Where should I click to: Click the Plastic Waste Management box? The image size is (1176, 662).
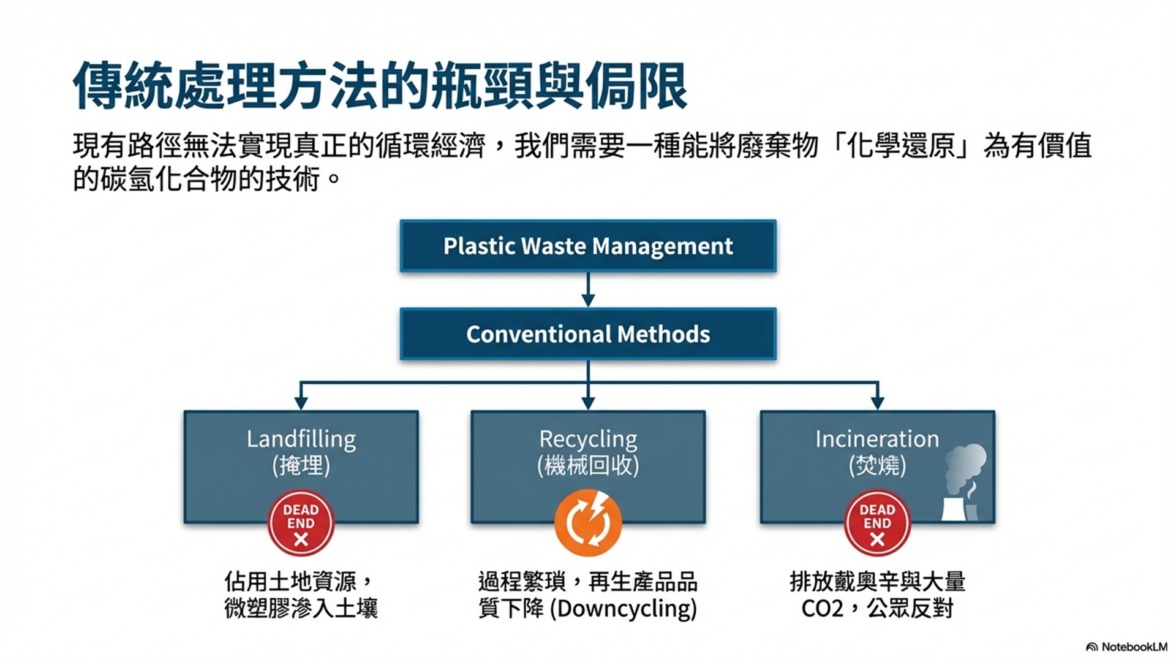point(588,246)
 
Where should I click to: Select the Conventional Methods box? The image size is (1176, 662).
point(588,334)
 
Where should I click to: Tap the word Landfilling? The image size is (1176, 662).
point(301,439)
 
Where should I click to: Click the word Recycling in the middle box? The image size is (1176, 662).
point(588,439)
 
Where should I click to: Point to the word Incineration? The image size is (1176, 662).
point(876,439)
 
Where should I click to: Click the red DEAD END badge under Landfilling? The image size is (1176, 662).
point(301,523)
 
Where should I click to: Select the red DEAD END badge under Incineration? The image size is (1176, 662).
point(877,523)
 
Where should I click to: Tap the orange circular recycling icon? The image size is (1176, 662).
point(588,523)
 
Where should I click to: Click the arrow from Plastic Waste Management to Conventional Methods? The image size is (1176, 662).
point(588,289)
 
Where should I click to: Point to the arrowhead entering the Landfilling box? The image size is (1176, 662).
point(301,402)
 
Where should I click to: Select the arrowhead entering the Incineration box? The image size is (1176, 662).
point(877,402)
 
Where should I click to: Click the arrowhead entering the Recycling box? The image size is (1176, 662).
point(588,402)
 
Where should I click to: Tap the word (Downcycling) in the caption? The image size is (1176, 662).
point(624,609)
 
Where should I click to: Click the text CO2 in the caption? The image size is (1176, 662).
point(822,609)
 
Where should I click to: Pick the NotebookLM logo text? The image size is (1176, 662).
point(1134,647)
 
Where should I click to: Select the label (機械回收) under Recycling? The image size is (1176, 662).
point(588,466)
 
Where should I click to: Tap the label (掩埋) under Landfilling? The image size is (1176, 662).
point(301,466)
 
